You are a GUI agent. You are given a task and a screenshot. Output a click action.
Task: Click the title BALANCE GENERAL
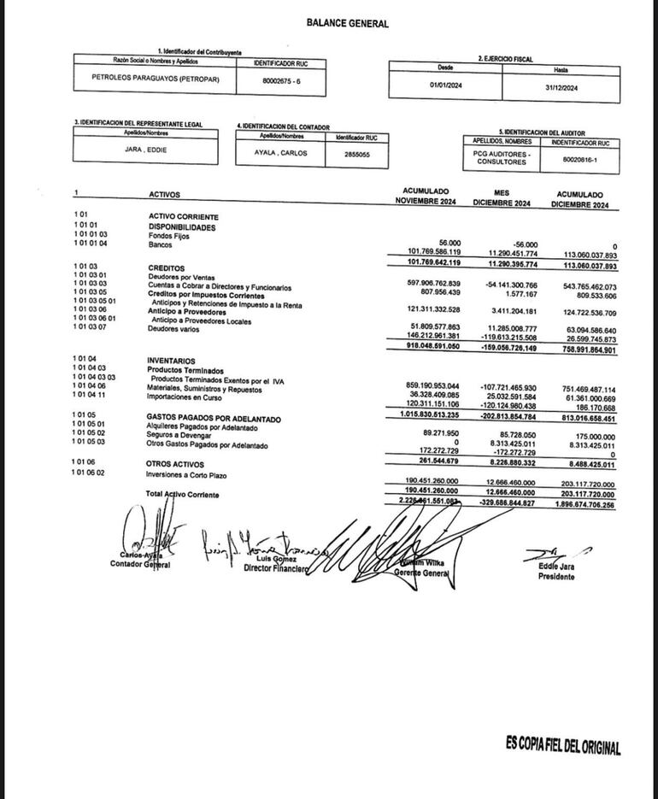[x=347, y=24]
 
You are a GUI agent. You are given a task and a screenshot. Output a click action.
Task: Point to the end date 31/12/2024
[x=560, y=86]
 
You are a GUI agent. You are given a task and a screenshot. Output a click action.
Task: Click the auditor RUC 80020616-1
[x=581, y=158]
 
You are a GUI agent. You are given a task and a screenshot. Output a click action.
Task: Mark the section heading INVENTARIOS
[x=171, y=361]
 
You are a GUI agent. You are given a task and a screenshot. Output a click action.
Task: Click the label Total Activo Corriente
[x=182, y=494]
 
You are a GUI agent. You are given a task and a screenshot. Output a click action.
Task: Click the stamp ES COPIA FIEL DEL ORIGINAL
[x=562, y=746]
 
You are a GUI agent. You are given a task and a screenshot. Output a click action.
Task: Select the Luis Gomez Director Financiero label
[x=274, y=563]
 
